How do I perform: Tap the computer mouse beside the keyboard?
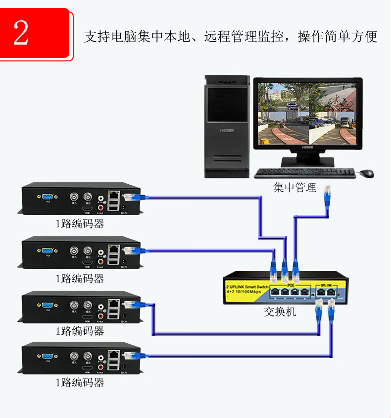pos(366,173)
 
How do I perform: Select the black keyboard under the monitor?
pos(304,173)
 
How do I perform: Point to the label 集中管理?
pos(295,188)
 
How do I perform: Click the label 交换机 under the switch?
pos(280,312)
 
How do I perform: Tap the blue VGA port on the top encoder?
pos(48,196)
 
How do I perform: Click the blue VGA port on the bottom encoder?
pos(48,356)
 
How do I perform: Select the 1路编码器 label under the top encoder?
pos(80,223)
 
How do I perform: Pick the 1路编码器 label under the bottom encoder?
pos(80,382)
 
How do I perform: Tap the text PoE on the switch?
pos(291,286)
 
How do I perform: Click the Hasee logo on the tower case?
pos(226,130)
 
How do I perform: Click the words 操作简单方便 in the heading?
pos(338,37)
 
